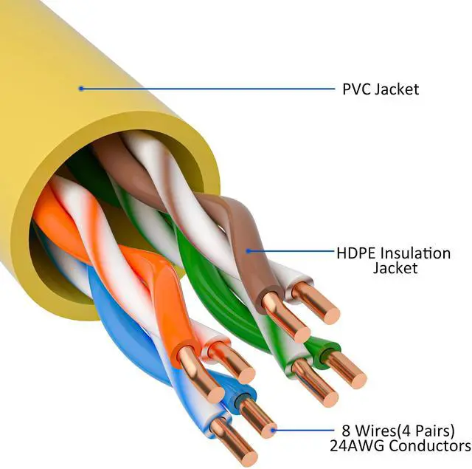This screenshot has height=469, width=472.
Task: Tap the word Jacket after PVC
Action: tap(397, 89)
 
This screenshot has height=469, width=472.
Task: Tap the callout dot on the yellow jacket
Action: tap(80, 89)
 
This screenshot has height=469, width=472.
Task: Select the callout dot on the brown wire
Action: tap(249, 251)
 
